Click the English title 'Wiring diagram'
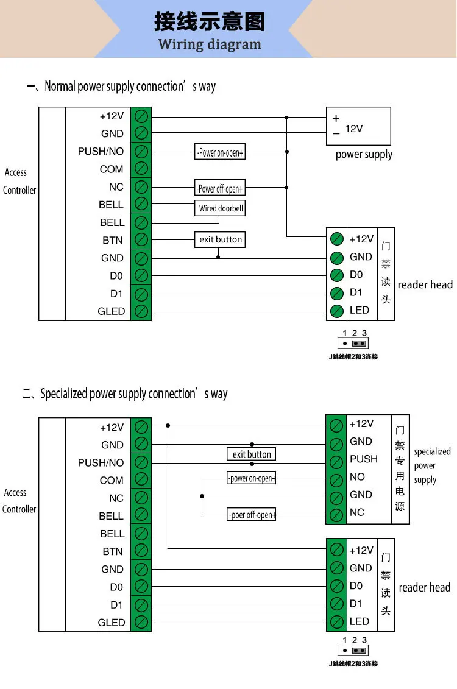(x=210, y=44)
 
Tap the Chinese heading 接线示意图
(x=210, y=21)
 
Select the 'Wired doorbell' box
(x=220, y=208)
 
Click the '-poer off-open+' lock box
(x=251, y=515)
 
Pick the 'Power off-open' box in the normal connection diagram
(x=220, y=188)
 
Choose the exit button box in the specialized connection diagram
(x=251, y=454)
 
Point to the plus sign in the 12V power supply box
(x=336, y=118)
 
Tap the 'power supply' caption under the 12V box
(x=364, y=155)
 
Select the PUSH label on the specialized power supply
(x=363, y=459)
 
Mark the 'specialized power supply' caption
(x=432, y=466)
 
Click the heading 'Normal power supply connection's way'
(x=130, y=87)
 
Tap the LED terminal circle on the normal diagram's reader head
(x=336, y=311)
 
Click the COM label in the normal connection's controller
(x=111, y=169)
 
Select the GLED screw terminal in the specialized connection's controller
(x=141, y=622)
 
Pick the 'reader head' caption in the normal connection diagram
(x=425, y=284)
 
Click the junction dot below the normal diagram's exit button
(x=218, y=257)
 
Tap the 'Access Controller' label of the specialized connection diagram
(x=19, y=501)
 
